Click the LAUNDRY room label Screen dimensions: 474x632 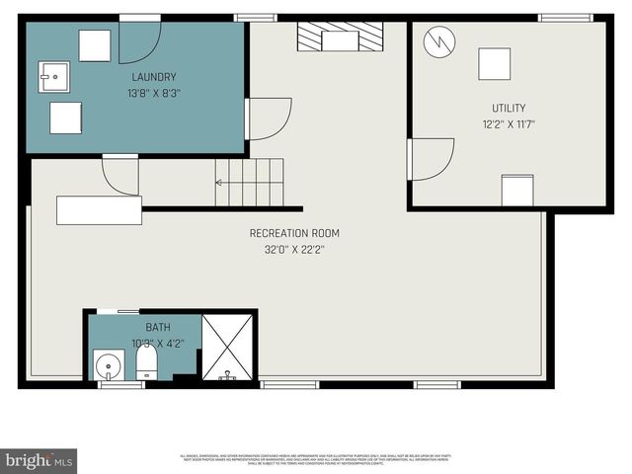[x=153, y=77]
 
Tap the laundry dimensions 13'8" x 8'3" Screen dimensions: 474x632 [x=153, y=94]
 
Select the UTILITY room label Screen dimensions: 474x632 [x=509, y=108]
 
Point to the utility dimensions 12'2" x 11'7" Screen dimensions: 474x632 [x=509, y=124]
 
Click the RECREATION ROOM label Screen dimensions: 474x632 [x=294, y=233]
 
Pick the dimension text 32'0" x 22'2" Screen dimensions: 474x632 [x=294, y=250]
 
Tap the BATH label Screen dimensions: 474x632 [x=158, y=327]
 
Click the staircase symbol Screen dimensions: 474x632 [x=251, y=183]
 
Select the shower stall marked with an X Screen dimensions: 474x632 [x=228, y=347]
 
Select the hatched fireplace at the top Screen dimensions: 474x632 [x=340, y=39]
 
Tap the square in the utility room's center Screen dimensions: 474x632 [x=495, y=64]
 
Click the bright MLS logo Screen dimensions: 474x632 [x=39, y=460]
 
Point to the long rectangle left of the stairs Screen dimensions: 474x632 [x=99, y=210]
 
